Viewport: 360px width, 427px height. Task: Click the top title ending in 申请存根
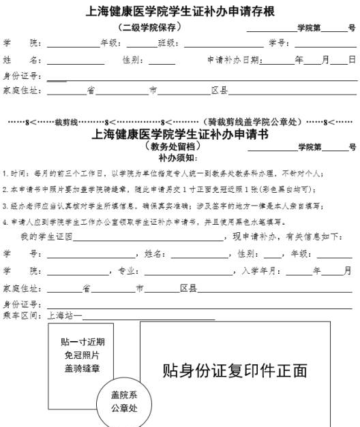tap(180, 12)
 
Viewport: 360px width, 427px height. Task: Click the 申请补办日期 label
tap(232, 60)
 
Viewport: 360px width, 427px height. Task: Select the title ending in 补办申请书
tap(180, 134)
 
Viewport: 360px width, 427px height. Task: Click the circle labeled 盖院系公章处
tap(125, 402)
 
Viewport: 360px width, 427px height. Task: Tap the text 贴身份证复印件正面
tap(235, 371)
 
